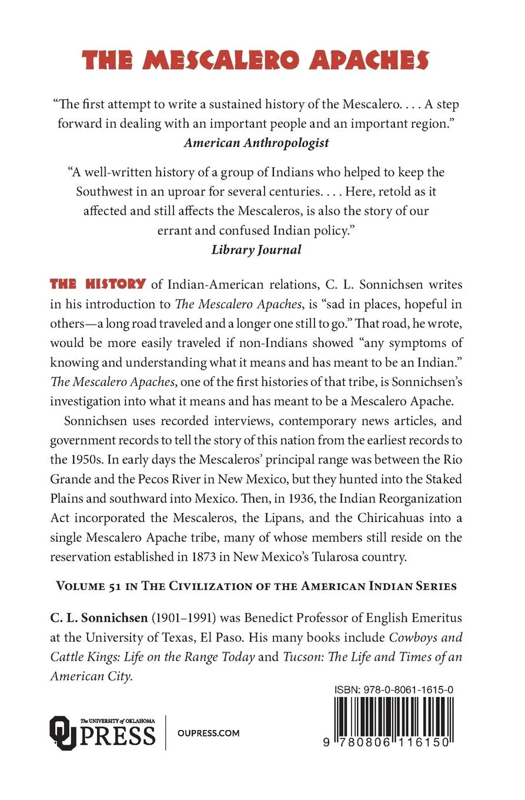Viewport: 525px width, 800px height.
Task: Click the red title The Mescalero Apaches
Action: tap(256, 60)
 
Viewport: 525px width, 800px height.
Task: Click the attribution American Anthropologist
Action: tap(256, 142)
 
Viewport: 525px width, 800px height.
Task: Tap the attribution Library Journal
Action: tap(256, 249)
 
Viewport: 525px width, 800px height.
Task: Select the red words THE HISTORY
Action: tap(98, 284)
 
